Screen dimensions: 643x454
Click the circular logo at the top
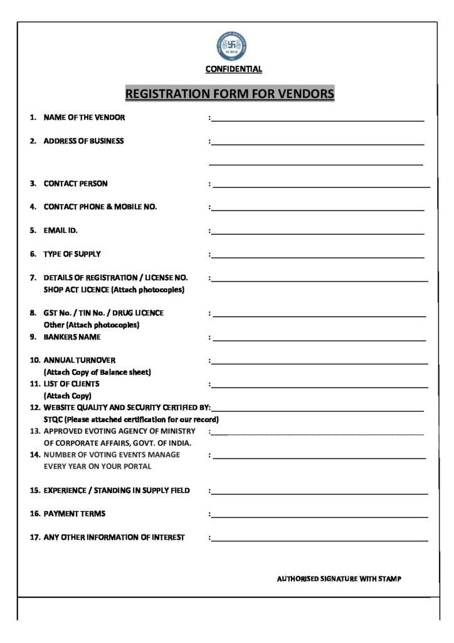tap(232, 46)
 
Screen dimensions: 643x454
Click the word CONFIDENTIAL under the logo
tap(234, 70)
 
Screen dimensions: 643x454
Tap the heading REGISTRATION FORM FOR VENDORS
tap(230, 94)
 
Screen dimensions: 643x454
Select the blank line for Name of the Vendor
tap(317, 119)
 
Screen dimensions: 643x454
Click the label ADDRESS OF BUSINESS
tap(83, 141)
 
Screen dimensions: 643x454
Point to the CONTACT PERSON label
tap(75, 184)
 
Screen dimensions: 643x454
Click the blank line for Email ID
tap(317, 233)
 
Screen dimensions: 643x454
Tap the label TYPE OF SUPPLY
tap(71, 254)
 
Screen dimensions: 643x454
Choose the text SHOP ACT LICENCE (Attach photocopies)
tap(114, 290)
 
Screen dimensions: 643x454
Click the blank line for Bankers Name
tap(319, 340)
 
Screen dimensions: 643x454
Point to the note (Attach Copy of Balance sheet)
tap(97, 372)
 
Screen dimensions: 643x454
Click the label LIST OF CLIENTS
tap(71, 384)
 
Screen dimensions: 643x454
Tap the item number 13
tap(35, 431)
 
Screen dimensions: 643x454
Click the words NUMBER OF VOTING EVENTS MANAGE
tap(112, 455)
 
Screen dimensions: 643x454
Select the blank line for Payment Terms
tap(319, 517)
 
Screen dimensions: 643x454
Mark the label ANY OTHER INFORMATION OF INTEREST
tap(114, 538)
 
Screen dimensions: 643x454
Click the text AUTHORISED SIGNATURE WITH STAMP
tap(339, 579)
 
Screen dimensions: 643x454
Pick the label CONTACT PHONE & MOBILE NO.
tap(100, 207)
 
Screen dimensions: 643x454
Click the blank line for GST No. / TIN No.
tap(319, 315)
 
